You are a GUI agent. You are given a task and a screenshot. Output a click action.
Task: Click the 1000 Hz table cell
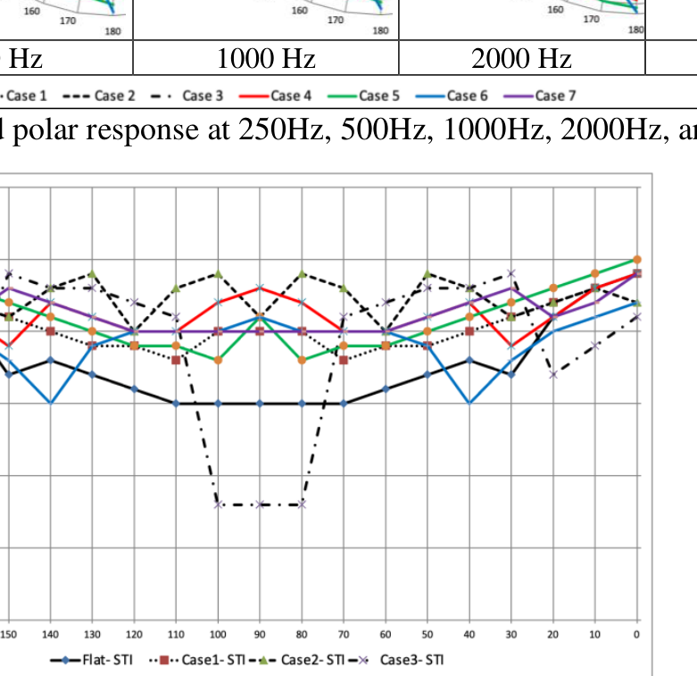266,59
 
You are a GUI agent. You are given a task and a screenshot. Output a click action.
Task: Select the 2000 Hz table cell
521,59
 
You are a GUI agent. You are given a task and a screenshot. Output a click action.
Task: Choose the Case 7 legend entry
539,96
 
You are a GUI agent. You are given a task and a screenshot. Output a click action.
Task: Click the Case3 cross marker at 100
218,505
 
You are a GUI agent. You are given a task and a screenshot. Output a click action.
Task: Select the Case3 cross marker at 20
553,374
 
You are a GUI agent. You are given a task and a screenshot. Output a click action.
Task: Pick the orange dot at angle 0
637,259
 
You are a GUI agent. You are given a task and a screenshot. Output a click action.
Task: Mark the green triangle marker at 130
92,273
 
